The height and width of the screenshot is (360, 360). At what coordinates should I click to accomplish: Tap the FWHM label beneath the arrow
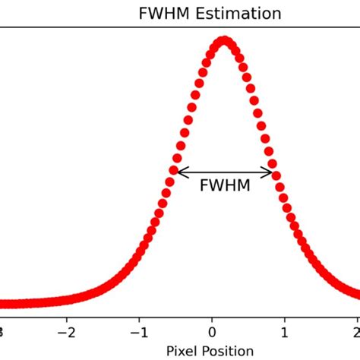coord(225,185)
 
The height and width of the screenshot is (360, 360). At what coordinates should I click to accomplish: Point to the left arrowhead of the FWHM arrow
coord(179,172)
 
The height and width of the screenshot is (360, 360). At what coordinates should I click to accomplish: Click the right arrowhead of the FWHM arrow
coord(270,172)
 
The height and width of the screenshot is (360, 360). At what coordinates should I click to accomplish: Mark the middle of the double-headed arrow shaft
coord(225,172)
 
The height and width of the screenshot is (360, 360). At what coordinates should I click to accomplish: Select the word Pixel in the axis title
coord(185,351)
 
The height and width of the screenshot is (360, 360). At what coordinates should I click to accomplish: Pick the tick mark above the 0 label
coord(213,321)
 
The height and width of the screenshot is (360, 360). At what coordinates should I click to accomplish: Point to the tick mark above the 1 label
coord(285,321)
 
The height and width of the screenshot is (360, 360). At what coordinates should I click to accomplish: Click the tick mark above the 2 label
coord(357,321)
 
